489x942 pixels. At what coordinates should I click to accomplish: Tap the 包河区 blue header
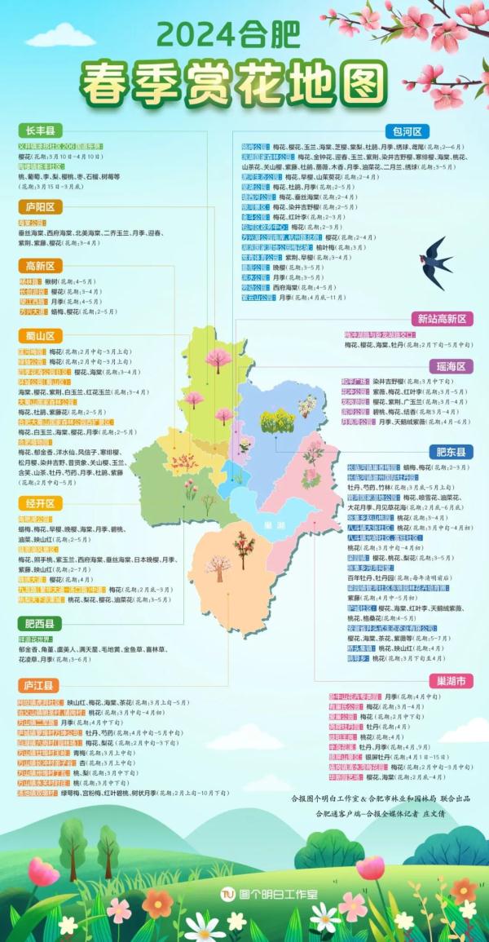click(407, 131)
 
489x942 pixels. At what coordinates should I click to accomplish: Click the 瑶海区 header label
click(449, 366)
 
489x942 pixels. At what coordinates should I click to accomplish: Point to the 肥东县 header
click(449, 451)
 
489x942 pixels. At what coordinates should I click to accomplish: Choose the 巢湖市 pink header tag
click(449, 680)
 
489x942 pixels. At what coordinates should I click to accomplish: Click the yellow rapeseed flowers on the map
click(276, 420)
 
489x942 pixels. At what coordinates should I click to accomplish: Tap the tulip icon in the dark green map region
click(190, 489)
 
